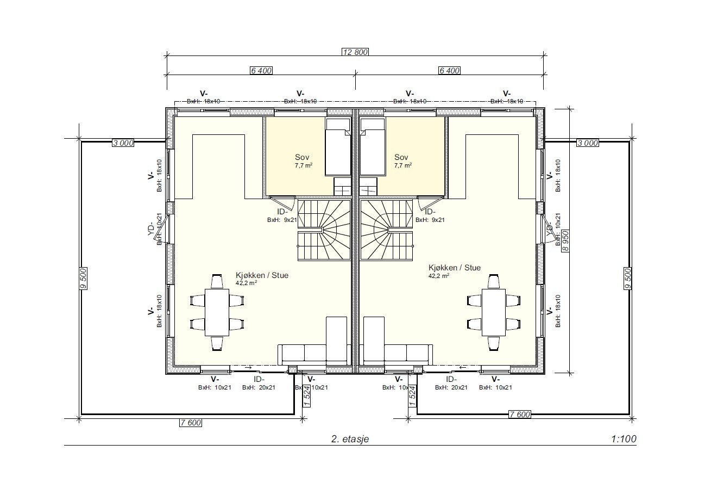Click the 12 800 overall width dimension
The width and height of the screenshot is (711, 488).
tap(355, 52)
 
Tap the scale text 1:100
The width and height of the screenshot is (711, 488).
tap(623, 439)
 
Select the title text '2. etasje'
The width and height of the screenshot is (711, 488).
tap(350, 439)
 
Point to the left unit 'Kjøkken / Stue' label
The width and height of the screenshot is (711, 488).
tap(262, 275)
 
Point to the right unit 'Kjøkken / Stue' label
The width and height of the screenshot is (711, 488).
tap(454, 268)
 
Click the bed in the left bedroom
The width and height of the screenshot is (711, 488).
tap(338, 147)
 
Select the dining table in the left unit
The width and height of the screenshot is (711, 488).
tap(217, 312)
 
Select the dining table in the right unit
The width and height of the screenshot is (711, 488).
tap(494, 312)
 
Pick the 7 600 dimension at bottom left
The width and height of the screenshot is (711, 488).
tap(191, 423)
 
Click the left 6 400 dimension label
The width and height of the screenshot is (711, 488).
tap(261, 70)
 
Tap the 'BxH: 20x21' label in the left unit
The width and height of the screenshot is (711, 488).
tap(259, 388)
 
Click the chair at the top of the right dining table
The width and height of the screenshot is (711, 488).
tap(494, 281)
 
